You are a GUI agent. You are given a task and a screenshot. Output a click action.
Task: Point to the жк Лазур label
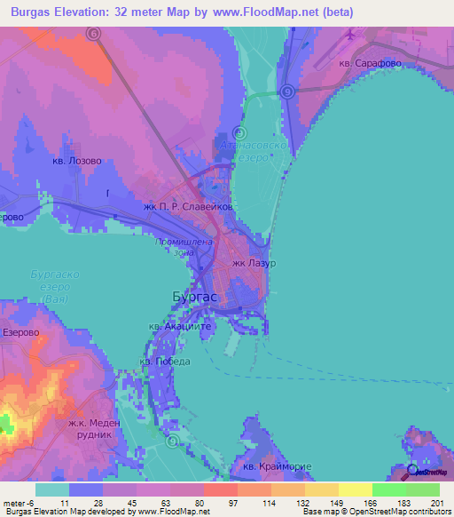coord(254,264)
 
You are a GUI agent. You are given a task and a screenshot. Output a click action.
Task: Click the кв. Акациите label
coord(179,327)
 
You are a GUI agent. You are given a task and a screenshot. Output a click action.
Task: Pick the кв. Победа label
coord(165,362)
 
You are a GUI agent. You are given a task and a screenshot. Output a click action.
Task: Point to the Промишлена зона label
coord(184,246)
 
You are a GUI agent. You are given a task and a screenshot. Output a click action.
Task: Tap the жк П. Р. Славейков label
coord(188,206)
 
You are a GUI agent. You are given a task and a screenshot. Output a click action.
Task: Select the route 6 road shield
coord(94,34)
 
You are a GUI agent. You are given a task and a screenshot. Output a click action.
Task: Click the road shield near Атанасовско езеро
coord(287,91)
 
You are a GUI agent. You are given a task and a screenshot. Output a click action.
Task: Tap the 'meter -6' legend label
coord(18,502)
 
